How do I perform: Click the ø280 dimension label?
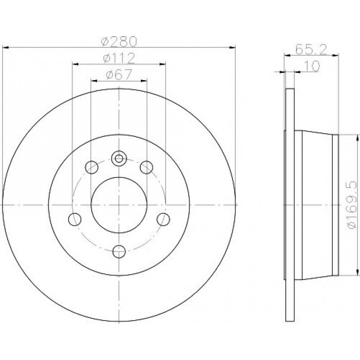point(119,42)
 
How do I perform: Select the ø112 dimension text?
point(119,58)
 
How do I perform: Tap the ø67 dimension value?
point(119,75)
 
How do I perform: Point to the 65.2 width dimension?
point(311,49)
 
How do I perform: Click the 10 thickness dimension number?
point(312,66)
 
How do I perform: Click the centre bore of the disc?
point(119,205)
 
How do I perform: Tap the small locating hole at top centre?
point(119,158)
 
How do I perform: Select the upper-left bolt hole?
point(91,167)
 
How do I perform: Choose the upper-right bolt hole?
point(147,167)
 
